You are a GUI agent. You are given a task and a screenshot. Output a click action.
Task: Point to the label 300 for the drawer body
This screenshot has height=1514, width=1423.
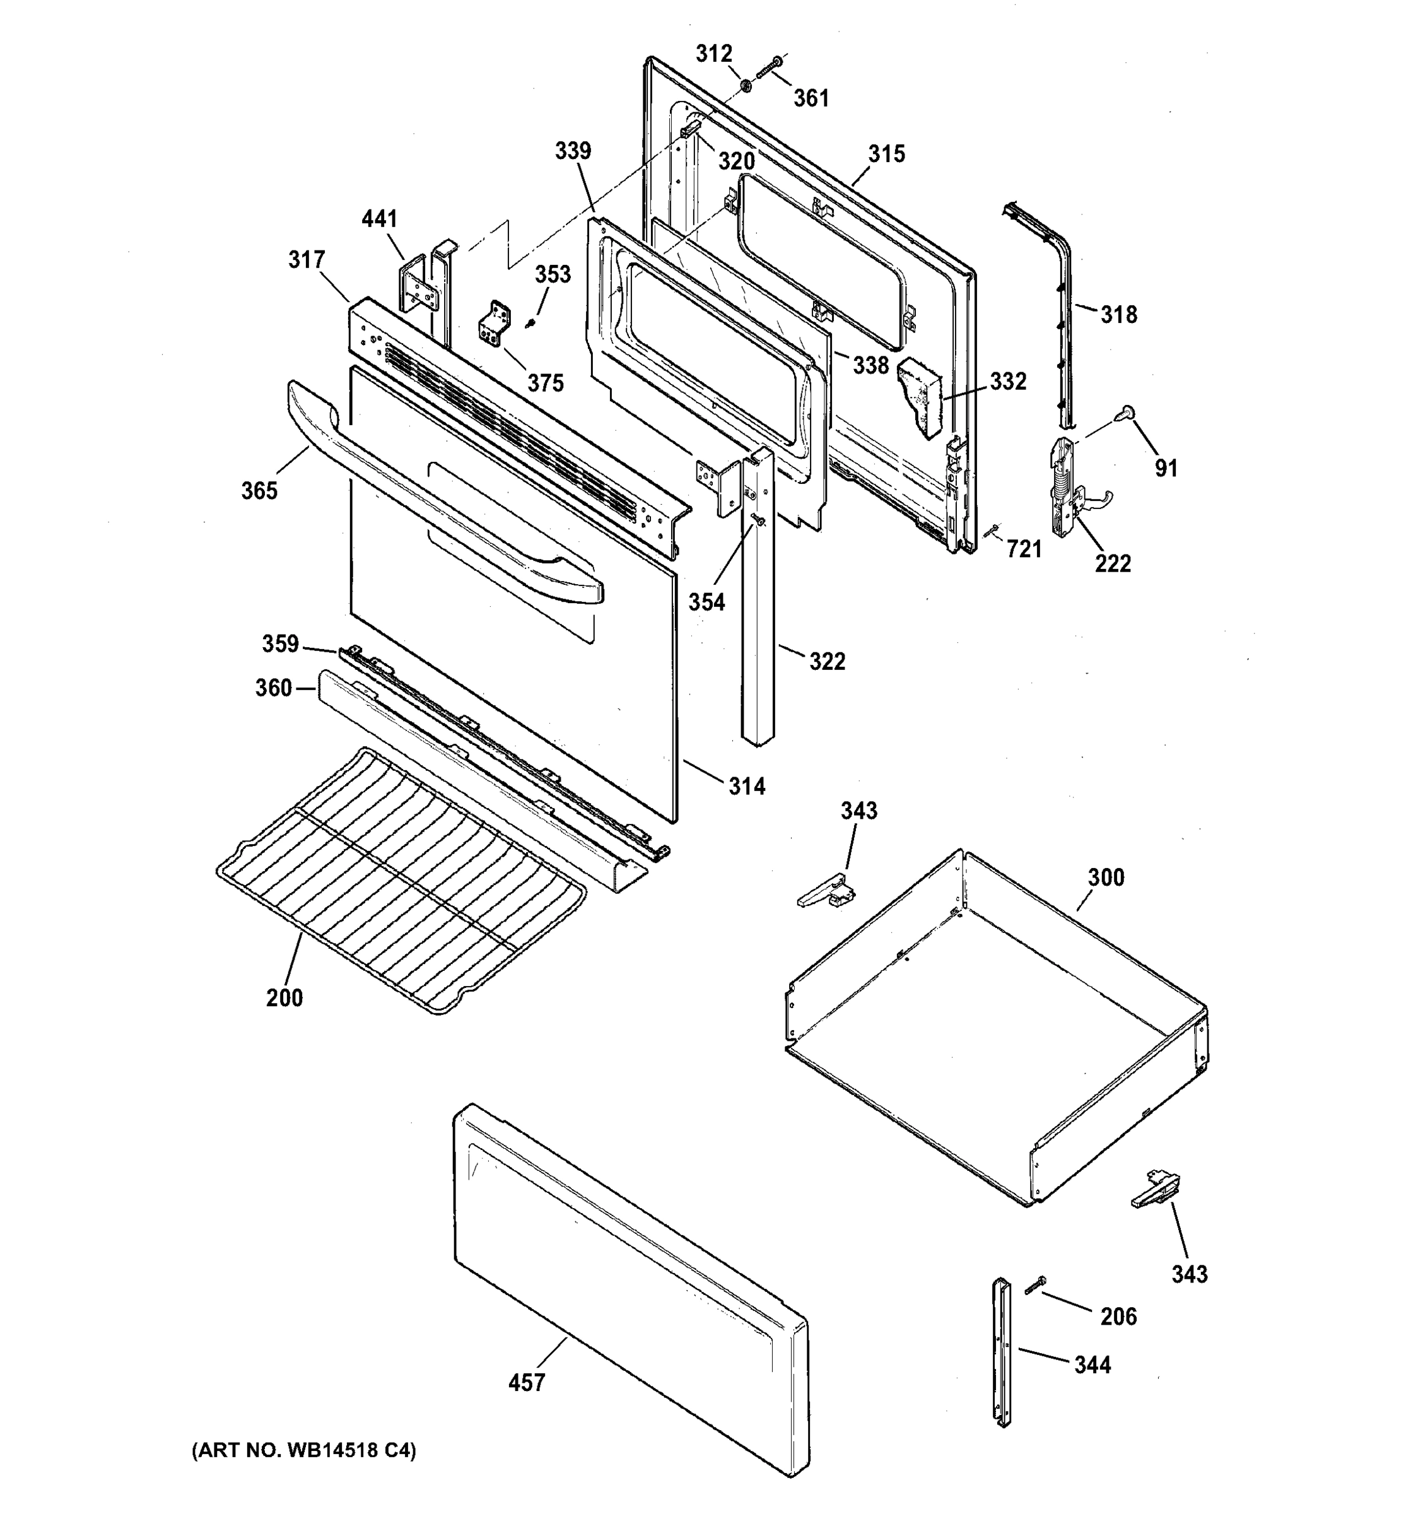click(x=1106, y=877)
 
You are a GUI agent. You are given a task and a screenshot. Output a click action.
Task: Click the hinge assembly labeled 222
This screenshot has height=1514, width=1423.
click(x=1067, y=488)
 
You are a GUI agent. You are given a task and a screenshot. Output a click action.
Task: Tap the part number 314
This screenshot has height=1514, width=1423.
click(x=747, y=786)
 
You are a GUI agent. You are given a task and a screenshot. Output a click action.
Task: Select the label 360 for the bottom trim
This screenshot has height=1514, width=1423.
click(x=273, y=688)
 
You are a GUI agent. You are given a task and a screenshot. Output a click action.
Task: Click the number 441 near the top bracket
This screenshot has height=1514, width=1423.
click(x=379, y=220)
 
